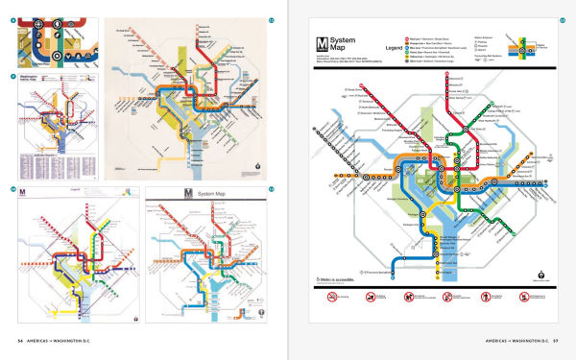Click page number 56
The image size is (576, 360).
pyautogui.click(x=18, y=340)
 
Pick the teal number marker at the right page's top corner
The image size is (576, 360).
pyautogui.click(x=563, y=19)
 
